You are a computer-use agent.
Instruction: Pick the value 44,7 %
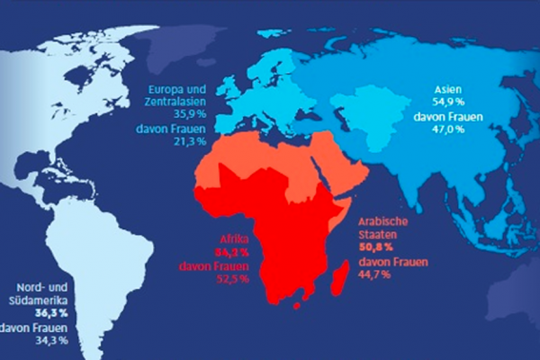[x=379, y=274]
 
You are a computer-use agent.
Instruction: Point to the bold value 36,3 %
[x=50, y=314]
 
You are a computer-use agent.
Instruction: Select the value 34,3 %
[x=50, y=341]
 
